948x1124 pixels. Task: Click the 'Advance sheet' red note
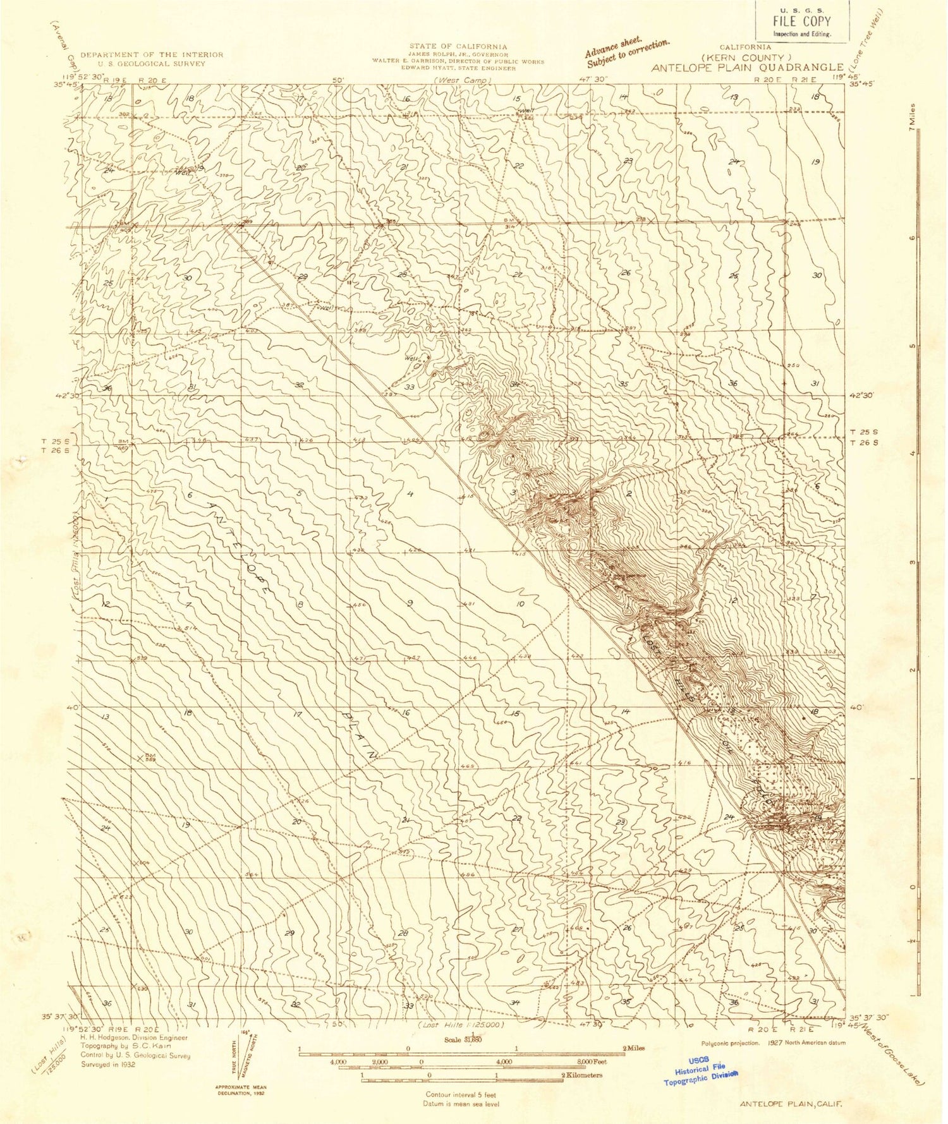626,53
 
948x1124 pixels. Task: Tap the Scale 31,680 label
464,1040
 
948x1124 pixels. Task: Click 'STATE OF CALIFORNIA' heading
458,46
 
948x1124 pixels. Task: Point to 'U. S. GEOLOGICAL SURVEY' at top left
151,64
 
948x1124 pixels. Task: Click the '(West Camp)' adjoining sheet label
462,81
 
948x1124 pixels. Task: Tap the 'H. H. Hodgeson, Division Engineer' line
133,1037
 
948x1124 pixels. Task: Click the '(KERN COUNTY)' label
746,57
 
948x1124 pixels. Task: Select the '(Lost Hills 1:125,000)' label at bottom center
461,1024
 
